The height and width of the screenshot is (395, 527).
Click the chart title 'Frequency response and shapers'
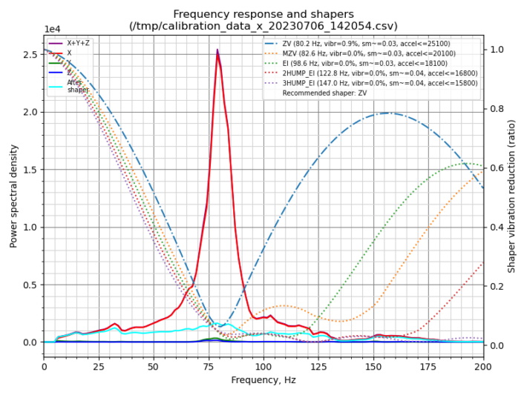[x=263, y=14]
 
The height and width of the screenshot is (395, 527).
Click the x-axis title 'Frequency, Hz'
[x=263, y=379]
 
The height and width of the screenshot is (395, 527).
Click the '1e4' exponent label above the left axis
[x=52, y=29]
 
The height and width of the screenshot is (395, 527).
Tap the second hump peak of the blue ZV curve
[x=387, y=113]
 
